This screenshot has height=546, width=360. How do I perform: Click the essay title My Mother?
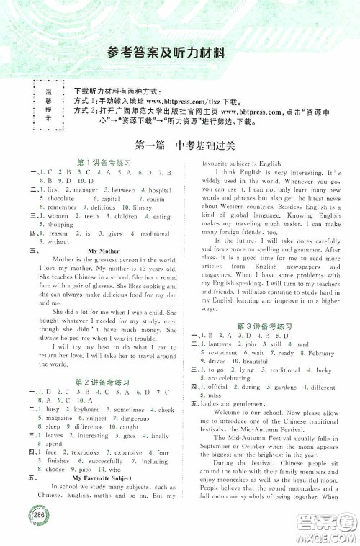[x=102, y=250]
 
